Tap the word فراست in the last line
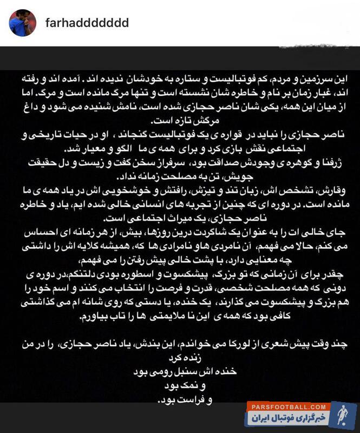(182, 402)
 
